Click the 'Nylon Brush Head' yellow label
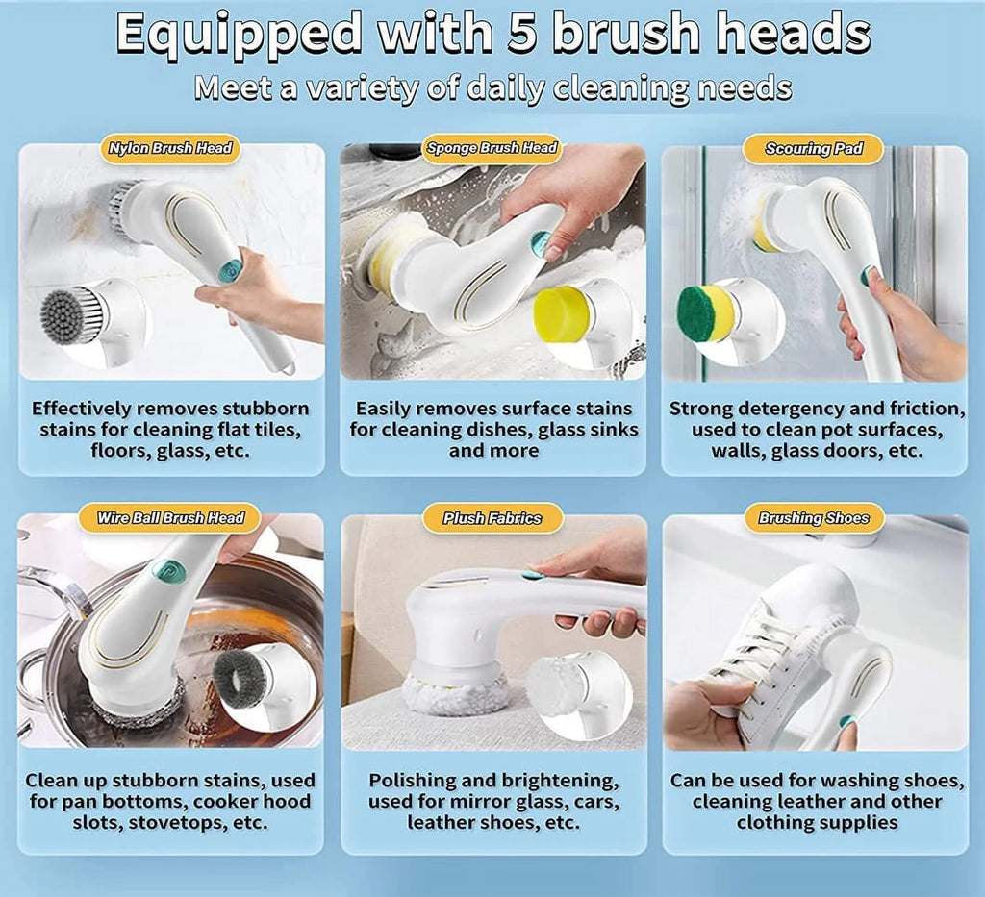click(171, 149)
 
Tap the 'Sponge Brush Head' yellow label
click(492, 148)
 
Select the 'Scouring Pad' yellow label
click(813, 149)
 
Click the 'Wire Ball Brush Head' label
click(170, 518)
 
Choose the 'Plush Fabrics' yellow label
click(492, 518)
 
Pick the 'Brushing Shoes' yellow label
click(813, 518)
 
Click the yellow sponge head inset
click(563, 314)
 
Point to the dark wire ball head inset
click(241, 679)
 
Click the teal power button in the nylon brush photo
click(230, 272)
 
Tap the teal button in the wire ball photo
click(165, 570)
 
